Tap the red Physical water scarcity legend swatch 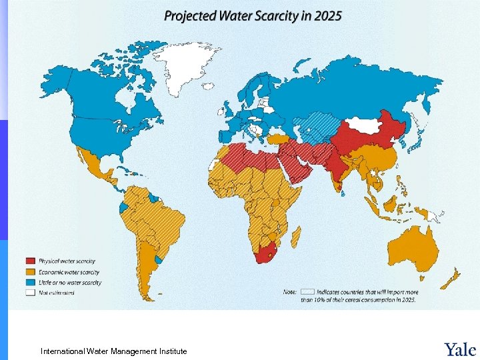point(31,261)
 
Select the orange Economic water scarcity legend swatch point(31,272)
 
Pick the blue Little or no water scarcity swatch point(31,282)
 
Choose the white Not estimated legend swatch point(31,292)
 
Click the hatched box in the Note point(307,291)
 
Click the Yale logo point(459,349)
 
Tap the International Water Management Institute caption point(113,351)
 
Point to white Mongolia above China point(364,125)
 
